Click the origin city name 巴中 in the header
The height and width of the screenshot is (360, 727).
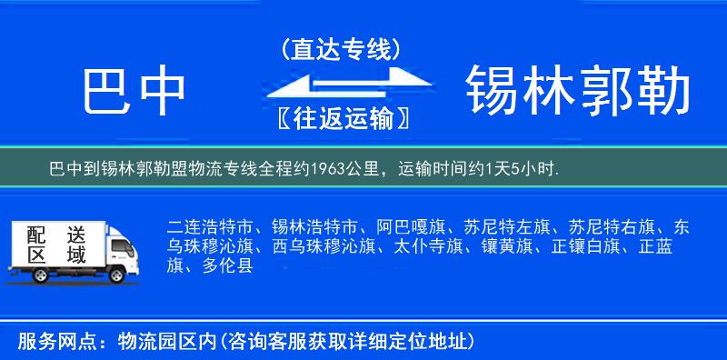pyautogui.click(x=134, y=91)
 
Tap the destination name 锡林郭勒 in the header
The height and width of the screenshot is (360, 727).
pyautogui.click(x=578, y=91)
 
